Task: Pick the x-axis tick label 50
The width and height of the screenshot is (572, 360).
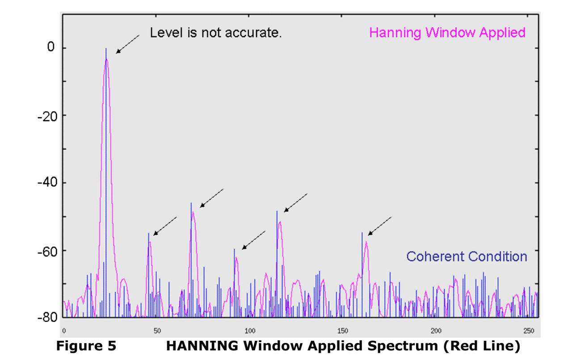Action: [157, 331]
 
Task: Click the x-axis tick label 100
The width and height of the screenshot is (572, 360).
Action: [250, 331]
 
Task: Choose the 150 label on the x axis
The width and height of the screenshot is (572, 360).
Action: [343, 331]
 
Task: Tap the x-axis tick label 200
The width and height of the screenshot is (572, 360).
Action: [436, 331]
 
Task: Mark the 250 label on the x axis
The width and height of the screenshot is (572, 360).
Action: [529, 331]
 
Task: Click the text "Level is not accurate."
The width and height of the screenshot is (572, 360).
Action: [216, 33]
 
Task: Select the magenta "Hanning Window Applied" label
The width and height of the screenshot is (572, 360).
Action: [447, 33]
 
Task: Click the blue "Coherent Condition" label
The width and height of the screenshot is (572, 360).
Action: [467, 257]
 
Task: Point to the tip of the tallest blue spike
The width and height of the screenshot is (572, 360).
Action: [106, 48]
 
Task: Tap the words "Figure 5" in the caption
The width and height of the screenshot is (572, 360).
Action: [86, 346]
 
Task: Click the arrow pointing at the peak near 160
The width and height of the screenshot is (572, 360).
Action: [379, 226]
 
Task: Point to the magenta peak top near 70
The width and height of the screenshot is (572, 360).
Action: [193, 212]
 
